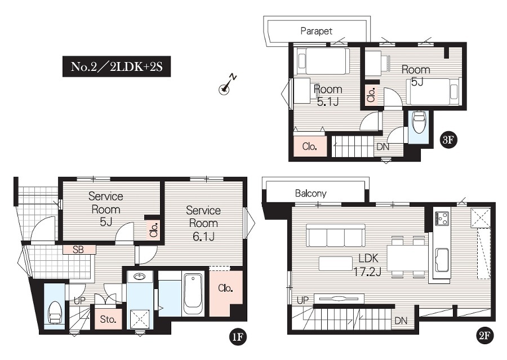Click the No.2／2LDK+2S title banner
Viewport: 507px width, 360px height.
(117, 66)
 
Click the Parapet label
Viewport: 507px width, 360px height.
(316, 31)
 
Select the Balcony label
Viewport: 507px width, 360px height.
(311, 193)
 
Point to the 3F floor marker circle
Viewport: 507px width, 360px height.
(448, 140)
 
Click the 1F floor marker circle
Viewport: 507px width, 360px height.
(238, 337)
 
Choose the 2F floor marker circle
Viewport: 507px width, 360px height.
(484, 336)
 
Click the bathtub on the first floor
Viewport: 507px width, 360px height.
(193, 294)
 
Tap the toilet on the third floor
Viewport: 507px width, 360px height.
(419, 123)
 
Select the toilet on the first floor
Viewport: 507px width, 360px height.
(54, 313)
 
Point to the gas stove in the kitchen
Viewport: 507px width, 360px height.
(442, 218)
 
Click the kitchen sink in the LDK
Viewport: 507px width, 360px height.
(442, 260)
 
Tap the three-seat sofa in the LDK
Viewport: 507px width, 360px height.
(335, 235)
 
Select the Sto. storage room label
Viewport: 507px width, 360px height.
(108, 319)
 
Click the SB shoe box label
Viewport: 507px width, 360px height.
(78, 250)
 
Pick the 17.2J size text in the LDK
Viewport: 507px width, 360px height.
(367, 272)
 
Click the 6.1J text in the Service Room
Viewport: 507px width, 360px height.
(203, 237)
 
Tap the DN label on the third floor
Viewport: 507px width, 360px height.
(383, 147)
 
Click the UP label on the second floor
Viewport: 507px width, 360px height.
(303, 300)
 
